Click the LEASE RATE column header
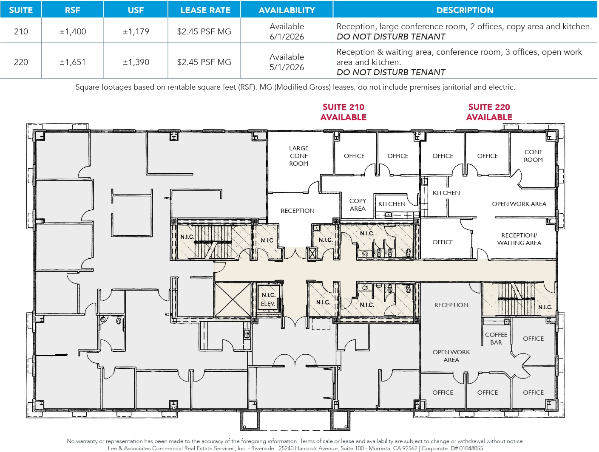point(205,10)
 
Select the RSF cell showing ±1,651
point(73,62)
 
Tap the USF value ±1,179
point(136,31)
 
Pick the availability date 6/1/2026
point(287,37)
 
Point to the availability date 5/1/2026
point(287,67)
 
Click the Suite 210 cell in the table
point(21,31)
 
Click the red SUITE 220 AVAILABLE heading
point(489,112)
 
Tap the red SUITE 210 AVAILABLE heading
point(343,112)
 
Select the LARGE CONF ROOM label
point(298,156)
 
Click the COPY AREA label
point(358,205)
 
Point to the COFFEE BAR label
point(496,339)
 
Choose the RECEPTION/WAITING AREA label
point(519,239)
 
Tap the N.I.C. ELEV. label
point(268,299)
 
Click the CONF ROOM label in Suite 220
point(533,156)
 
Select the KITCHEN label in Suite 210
point(392,204)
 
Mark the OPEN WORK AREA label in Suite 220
point(519,204)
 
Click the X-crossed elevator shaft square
point(233,299)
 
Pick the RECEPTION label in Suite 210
point(297,211)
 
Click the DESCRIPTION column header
point(465,10)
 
